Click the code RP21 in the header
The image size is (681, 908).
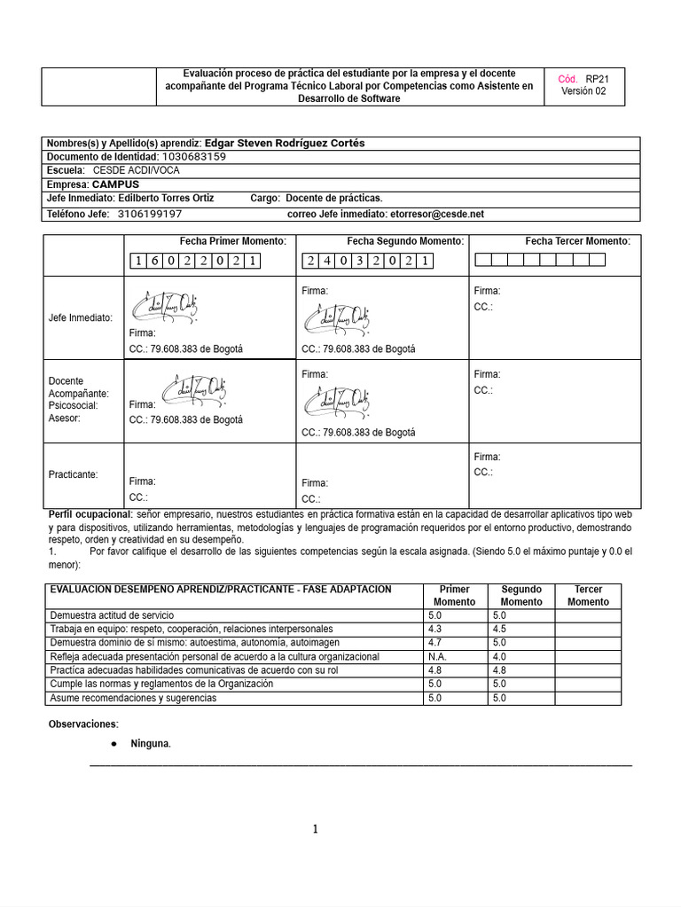pos(597,79)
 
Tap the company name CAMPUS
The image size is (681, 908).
pos(115,184)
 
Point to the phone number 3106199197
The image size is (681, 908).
pos(150,214)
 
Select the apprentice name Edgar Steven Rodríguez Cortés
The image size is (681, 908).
pos(284,143)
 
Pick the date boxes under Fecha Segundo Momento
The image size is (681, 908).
pos(369,261)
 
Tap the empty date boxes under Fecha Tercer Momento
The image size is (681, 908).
pos(540,260)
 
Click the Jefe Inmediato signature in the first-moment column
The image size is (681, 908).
pos(165,306)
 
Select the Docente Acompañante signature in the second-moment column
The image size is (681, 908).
pos(337,403)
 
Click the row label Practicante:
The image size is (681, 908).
pos(73,474)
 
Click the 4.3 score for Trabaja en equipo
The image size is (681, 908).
pos(434,629)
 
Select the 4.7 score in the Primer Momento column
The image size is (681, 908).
pos(434,642)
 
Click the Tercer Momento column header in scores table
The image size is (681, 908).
pos(588,595)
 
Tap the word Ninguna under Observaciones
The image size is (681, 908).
pos(149,743)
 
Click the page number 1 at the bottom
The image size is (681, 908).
pos(314,829)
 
